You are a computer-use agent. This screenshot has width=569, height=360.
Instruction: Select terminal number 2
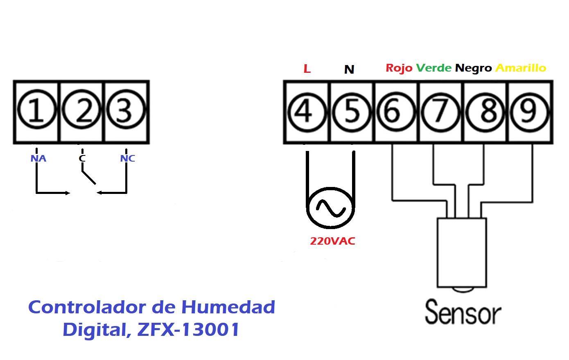pos(81,109)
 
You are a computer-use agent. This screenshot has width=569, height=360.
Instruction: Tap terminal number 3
pos(126,109)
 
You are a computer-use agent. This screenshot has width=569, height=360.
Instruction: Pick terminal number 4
pos(307,112)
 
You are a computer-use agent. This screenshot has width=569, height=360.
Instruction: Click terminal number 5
pos(352,112)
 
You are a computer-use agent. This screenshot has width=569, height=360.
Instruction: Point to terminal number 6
pos(396,111)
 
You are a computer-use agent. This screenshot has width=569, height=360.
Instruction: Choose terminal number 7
pos(440,112)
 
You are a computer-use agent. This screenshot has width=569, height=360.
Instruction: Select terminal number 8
pos(485,112)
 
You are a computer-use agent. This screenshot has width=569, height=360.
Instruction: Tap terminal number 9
pos(529,112)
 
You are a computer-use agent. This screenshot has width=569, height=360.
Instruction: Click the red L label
pos(307,69)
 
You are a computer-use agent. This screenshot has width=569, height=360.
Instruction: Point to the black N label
pos(349,69)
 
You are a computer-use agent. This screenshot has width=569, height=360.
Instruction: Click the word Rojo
pos(399,68)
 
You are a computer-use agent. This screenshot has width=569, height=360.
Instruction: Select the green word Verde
pos(434,68)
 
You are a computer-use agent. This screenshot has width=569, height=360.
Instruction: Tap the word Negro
pos(474,68)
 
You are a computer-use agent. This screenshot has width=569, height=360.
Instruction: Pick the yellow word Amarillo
pos(521,68)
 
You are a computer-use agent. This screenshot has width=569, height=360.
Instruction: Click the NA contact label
pos(38,158)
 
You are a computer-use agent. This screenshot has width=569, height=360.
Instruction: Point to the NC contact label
pos(128,158)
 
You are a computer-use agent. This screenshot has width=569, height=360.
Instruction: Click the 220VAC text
pos(332,241)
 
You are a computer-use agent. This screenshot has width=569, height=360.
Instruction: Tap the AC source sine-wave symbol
pos(330,208)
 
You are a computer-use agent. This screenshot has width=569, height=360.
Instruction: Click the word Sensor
pos(463,312)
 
